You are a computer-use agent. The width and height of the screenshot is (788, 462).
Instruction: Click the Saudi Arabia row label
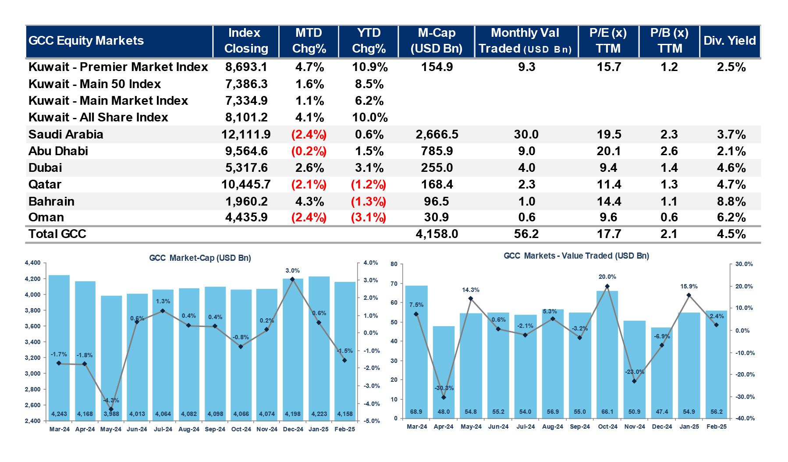66,134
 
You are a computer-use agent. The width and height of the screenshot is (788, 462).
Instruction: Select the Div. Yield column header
730,41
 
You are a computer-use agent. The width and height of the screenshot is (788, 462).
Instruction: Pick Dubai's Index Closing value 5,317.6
246,168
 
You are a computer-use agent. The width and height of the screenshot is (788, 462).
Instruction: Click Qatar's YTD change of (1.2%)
368,185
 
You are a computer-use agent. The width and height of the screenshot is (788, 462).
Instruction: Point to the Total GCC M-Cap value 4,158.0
437,234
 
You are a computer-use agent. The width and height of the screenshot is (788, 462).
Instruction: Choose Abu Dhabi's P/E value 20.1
609,151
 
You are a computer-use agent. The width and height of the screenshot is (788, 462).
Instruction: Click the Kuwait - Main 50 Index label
95,84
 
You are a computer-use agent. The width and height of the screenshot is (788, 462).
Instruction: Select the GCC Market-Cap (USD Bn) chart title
200,258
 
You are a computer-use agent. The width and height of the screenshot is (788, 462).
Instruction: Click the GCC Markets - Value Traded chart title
576,256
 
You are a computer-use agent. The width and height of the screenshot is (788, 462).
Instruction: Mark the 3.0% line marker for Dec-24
292,279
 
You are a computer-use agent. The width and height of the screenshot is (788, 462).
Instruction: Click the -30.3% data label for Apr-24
444,388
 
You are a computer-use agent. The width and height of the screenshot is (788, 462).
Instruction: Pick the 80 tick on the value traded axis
394,264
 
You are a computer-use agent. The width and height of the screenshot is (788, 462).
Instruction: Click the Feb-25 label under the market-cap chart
344,430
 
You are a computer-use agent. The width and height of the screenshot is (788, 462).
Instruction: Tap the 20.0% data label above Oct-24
607,277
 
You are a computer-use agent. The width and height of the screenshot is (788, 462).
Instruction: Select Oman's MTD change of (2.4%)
309,217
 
